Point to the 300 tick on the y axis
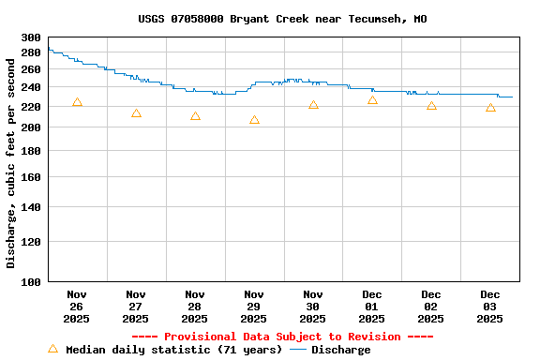30,37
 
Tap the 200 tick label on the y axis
30,127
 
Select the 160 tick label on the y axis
30,177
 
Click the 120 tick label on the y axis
30,242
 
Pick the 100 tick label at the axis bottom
30,281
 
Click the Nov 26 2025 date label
77,307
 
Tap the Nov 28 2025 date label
195,307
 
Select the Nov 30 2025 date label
313,307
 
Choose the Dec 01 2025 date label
372,307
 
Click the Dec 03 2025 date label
490,307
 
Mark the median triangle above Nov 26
77,102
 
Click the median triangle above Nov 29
254,120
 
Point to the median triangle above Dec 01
372,100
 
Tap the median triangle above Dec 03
490,108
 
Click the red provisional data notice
282,337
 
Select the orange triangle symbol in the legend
52,349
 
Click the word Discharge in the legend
340,350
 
